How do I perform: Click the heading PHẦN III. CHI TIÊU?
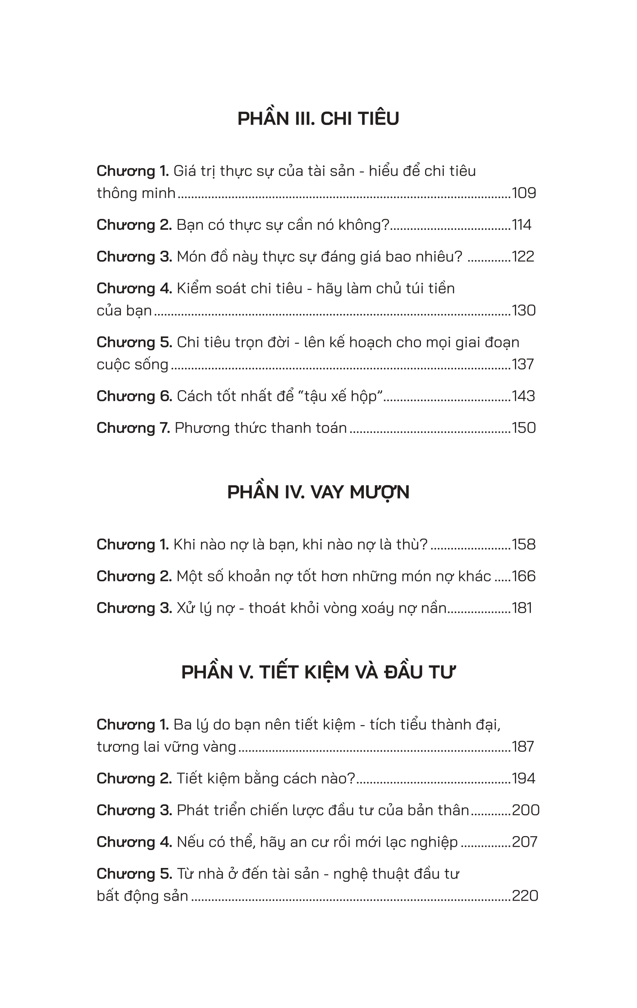tap(318, 119)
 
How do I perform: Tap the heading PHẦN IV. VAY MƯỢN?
tap(318, 492)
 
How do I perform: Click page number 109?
tap(523, 193)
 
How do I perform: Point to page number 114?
tap(521, 225)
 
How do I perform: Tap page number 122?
tap(523, 257)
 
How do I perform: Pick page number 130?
tap(523, 311)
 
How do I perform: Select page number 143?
tap(523, 396)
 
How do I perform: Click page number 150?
tap(523, 428)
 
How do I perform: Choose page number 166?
tap(523, 576)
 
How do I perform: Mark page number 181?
tap(522, 608)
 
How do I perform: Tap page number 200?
tap(526, 810)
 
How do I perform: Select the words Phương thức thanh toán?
tap(261, 428)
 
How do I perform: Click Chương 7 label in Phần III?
tap(133, 428)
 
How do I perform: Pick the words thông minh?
tap(136, 194)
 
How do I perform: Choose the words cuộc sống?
tap(132, 365)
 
